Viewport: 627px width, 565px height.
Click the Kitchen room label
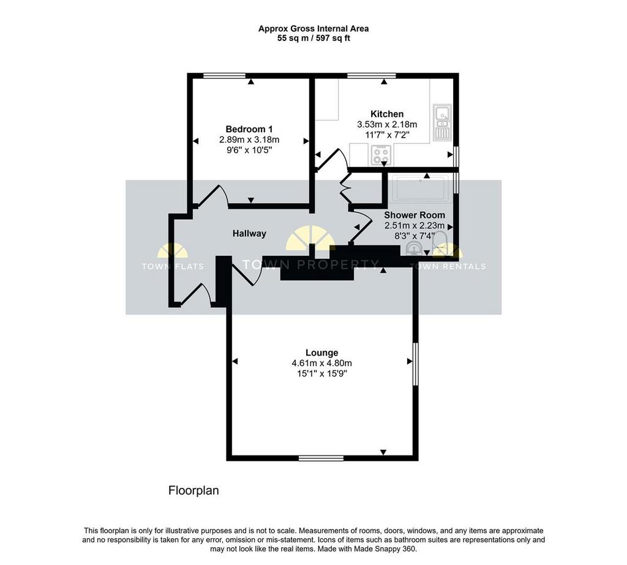[x=387, y=114]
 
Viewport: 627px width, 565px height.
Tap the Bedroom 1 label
[x=249, y=129]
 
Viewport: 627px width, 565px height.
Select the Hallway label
[x=250, y=233]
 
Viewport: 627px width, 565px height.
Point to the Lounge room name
[x=322, y=353]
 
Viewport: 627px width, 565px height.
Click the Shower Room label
[x=415, y=215]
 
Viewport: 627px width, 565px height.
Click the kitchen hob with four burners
[x=381, y=155]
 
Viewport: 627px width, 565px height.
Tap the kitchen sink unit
[x=442, y=122]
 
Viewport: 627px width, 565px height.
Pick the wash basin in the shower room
[x=413, y=249]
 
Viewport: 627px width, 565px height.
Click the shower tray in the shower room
[x=420, y=188]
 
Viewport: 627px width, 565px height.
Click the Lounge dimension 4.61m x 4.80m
[x=322, y=364]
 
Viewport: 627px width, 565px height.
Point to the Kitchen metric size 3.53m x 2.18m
[x=387, y=124]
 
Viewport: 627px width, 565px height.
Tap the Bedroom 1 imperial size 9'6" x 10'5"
[x=249, y=151]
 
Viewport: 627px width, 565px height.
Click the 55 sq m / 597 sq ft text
[x=313, y=39]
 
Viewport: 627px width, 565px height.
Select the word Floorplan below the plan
[x=193, y=491]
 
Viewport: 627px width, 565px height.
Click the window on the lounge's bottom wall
[x=321, y=458]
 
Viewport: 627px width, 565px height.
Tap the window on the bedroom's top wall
[x=224, y=75]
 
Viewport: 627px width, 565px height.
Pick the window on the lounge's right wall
[x=416, y=364]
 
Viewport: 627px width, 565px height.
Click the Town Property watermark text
[x=310, y=264]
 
